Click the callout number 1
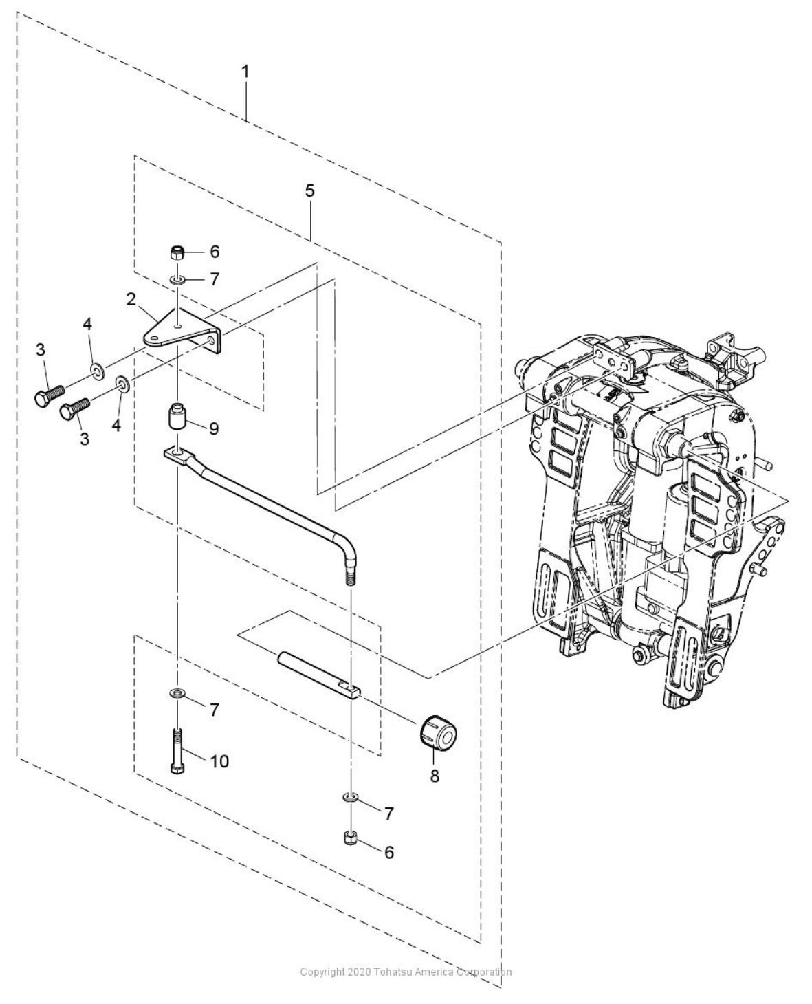pos(245,72)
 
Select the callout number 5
pos(310,190)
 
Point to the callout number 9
pos(214,428)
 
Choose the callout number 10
pos(219,761)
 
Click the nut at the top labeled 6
pos(177,252)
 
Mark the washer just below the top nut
pos(177,280)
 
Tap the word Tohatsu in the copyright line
pos(392,972)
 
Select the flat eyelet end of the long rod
pos(175,453)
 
